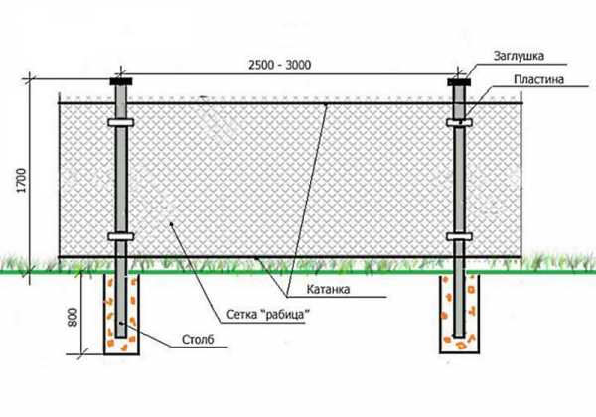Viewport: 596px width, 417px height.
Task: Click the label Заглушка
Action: [x=519, y=56]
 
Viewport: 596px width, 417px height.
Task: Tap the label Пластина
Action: [x=538, y=79]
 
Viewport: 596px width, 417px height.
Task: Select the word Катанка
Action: [x=328, y=289]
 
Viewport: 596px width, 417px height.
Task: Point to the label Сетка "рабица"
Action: [x=268, y=314]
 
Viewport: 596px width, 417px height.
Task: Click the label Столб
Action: [x=198, y=339]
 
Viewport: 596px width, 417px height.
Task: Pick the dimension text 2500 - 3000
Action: [x=280, y=65]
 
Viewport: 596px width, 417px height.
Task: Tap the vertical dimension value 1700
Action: [x=22, y=180]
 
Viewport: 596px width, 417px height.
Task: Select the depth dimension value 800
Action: [x=73, y=317]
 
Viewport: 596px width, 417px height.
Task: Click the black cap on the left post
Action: [x=121, y=81]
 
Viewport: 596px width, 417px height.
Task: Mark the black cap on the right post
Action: [x=459, y=82]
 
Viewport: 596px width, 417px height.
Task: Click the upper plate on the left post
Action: [x=121, y=122]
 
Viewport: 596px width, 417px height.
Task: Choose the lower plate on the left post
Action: [x=121, y=236]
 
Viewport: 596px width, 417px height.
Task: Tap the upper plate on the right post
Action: [x=459, y=122]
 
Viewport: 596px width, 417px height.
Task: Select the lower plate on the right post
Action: [x=459, y=236]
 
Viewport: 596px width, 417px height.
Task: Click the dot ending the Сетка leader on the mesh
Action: [x=172, y=224]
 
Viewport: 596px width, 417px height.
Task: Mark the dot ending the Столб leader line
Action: [x=121, y=323]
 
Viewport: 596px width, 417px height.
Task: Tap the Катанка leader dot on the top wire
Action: [x=326, y=103]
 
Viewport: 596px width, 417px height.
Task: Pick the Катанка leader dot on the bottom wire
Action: [x=256, y=258]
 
